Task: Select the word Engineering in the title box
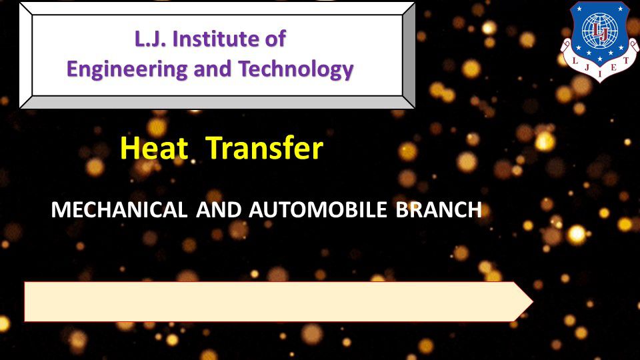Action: pos(127,69)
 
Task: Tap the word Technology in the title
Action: pos(296,69)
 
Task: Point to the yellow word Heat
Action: pos(154,148)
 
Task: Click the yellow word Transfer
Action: pos(265,148)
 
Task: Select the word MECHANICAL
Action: pos(119,210)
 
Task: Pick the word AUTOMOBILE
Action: pos(318,210)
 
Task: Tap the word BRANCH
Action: pos(439,210)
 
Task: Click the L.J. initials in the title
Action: pos(150,39)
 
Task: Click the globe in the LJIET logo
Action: pos(599,30)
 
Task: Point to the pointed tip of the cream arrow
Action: pos(533,301)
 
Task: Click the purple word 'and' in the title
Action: pos(213,69)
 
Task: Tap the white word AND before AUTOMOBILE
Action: pos(219,210)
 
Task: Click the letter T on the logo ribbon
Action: pos(625,61)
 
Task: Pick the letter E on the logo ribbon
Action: pos(613,68)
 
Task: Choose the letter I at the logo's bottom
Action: pos(599,74)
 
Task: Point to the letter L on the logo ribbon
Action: pos(575,61)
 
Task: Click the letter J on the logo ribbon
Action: pos(587,68)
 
